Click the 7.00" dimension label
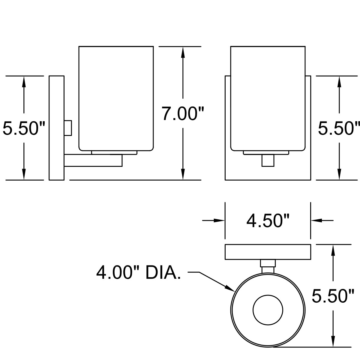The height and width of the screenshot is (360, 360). click(x=183, y=114)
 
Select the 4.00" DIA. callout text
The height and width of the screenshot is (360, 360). click(x=139, y=273)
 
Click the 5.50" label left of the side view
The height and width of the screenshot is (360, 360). click(x=24, y=128)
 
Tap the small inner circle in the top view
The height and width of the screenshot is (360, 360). click(x=268, y=310)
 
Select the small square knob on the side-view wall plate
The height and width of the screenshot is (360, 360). click(x=68, y=128)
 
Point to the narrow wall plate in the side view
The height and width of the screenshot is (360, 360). click(x=57, y=128)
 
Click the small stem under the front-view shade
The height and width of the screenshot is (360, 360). click(x=268, y=160)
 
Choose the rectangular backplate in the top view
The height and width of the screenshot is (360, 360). click(x=268, y=252)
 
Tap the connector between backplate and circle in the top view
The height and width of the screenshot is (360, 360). click(x=268, y=266)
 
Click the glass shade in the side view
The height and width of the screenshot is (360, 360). click(x=116, y=98)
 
